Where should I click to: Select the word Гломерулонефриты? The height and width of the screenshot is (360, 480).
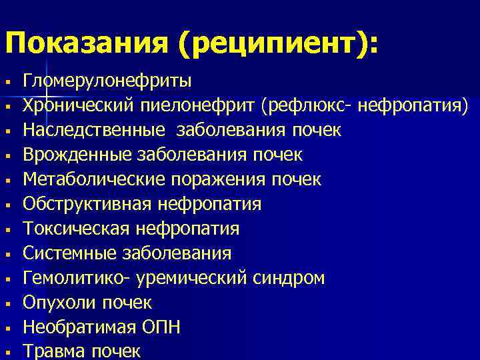pyautogui.click(x=107, y=81)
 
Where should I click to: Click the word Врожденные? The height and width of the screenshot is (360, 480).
pyautogui.click(x=78, y=155)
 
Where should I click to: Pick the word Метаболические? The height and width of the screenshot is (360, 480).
pyautogui.click(x=95, y=179)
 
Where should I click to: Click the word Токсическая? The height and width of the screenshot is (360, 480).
pyautogui.click(x=77, y=229)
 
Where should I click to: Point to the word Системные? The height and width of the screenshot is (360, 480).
pyautogui.click(x=71, y=253)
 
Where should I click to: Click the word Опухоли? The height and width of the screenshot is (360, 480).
pyautogui.click(x=60, y=303)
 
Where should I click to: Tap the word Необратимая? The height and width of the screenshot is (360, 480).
pyautogui.click(x=80, y=327)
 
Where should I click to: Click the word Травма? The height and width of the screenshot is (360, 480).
pyautogui.click(x=55, y=351)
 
